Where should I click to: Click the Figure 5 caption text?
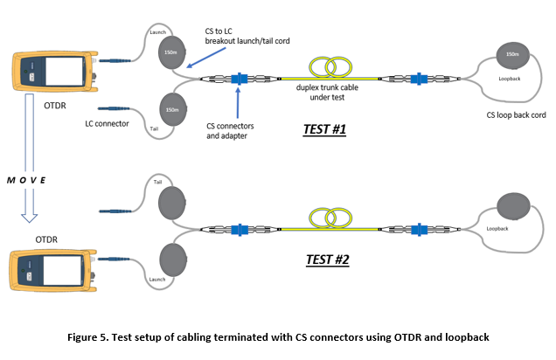(277, 336)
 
